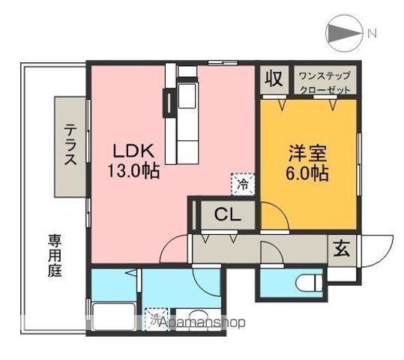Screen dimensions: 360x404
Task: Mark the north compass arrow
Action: click(343, 33)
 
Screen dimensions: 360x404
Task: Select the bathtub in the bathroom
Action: click(113, 316)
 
